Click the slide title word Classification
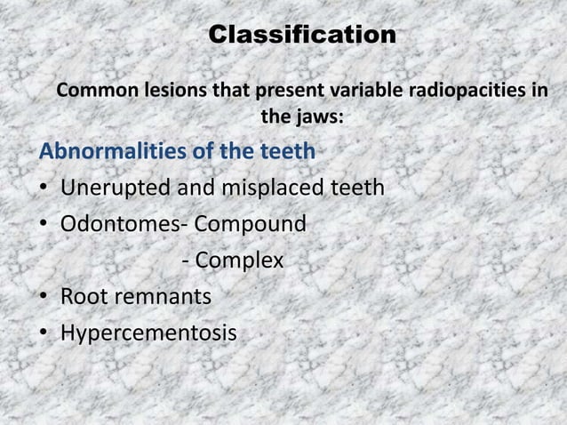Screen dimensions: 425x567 (302, 36)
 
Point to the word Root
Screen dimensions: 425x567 (83, 297)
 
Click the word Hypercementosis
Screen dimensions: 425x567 (148, 333)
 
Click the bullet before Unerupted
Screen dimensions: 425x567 (44, 189)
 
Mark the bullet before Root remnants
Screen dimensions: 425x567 (44, 298)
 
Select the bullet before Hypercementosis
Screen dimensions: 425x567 (44, 334)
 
